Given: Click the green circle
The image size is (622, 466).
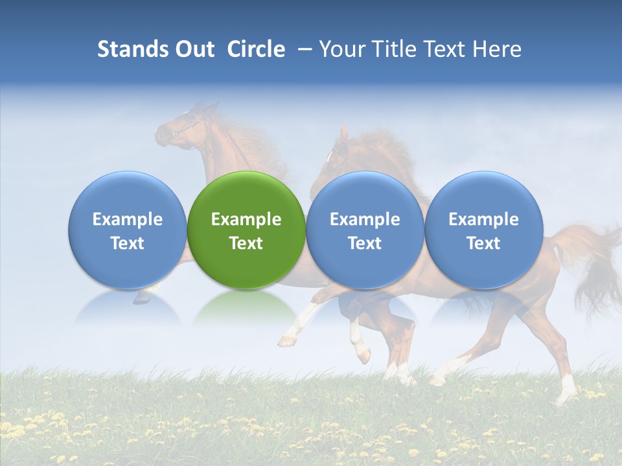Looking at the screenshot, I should pyautogui.click(x=246, y=230).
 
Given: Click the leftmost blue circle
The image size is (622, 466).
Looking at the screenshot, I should pyautogui.click(x=128, y=230).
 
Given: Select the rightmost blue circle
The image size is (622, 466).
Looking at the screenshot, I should pyautogui.click(x=483, y=230).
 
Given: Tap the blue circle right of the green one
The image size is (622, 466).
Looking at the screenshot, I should pyautogui.click(x=365, y=230).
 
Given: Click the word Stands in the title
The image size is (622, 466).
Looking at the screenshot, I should pyautogui.click(x=132, y=49).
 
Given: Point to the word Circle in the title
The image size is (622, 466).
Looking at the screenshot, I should pyautogui.click(x=256, y=49).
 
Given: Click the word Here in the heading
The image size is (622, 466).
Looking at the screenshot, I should pyautogui.click(x=498, y=49).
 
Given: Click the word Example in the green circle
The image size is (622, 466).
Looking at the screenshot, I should pyautogui.click(x=246, y=219).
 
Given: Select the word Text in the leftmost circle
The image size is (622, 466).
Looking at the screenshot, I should pyautogui.click(x=128, y=243).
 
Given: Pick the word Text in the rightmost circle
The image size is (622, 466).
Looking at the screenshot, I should pyautogui.click(x=483, y=243).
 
